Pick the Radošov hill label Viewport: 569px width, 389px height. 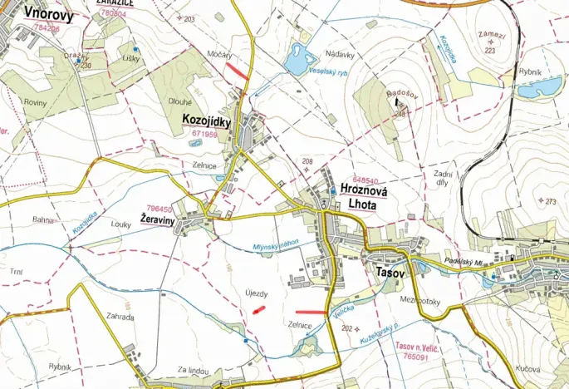coord(406,93)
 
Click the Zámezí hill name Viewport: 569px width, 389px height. coord(492,35)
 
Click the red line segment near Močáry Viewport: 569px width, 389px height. coord(237,73)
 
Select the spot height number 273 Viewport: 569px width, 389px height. coord(550,201)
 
